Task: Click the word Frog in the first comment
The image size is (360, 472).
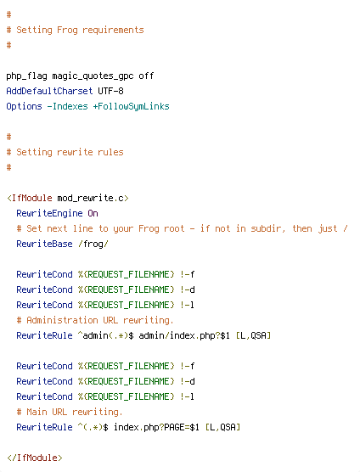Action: tap(67, 30)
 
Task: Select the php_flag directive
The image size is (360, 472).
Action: tap(27, 76)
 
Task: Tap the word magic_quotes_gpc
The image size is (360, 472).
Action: tap(93, 76)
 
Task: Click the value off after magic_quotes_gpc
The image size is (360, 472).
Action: tap(146, 76)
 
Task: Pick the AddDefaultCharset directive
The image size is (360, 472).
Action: tap(49, 91)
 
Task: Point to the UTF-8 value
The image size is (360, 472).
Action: tap(110, 91)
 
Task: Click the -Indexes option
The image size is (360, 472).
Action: tap(67, 106)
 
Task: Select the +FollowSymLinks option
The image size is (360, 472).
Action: tap(132, 107)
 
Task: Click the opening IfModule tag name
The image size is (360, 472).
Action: tap(32, 198)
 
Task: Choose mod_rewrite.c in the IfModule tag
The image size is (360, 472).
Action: tap(91, 198)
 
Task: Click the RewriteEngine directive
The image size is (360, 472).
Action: tap(49, 213)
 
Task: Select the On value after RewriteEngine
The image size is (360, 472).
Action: tap(93, 213)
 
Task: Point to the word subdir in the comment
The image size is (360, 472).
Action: tap(267, 228)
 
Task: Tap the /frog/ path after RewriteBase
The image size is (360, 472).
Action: tap(93, 244)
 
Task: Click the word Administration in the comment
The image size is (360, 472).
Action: tap(62, 320)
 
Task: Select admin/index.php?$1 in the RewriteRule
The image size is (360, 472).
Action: tap(184, 335)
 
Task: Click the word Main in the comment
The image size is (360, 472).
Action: tap(37, 412)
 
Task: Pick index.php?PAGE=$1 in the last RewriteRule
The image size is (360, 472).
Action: tap(156, 427)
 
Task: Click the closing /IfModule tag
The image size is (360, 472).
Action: tap(35, 458)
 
